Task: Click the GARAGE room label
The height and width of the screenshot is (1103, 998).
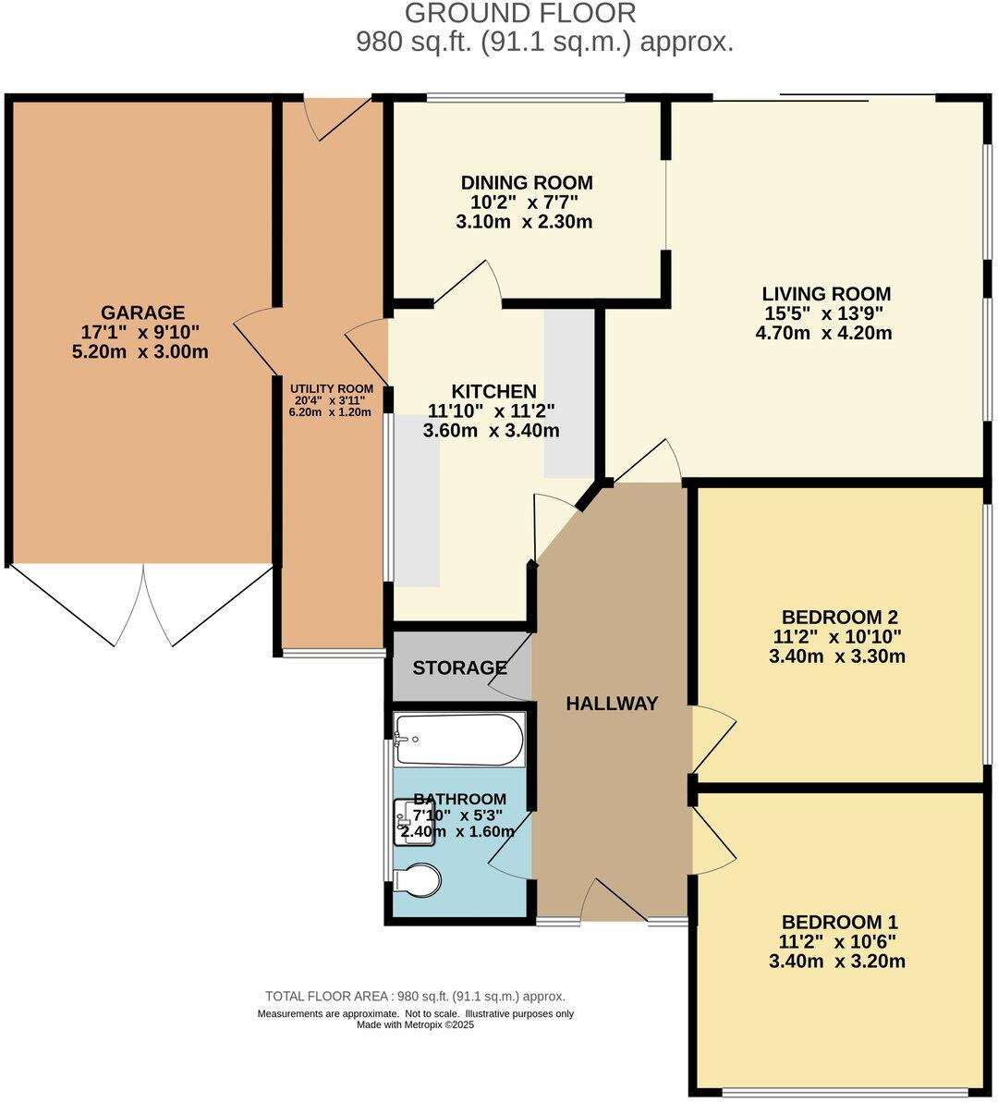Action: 142,313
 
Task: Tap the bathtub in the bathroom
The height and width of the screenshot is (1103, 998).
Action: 458,740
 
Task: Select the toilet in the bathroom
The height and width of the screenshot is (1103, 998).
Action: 417,880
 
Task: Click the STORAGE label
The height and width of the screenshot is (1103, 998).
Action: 459,668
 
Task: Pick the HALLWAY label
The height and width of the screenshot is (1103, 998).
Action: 612,704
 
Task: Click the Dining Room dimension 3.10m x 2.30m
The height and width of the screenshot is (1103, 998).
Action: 524,222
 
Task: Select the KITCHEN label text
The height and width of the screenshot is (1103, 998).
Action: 493,391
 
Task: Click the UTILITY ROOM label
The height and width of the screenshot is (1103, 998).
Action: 332,388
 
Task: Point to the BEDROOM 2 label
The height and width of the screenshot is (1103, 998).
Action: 839,617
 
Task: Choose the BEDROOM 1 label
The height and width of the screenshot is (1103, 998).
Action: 839,922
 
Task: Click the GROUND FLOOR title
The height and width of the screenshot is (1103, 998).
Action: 520,14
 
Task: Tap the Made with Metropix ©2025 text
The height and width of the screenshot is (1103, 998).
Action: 415,1024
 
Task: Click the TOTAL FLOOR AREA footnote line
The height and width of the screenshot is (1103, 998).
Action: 415,997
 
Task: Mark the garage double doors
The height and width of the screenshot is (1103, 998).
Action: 143,606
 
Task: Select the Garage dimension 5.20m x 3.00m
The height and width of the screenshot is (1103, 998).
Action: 140,352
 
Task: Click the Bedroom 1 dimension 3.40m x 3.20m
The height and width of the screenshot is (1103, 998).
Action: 836,962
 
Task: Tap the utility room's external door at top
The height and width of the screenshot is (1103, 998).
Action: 340,118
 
